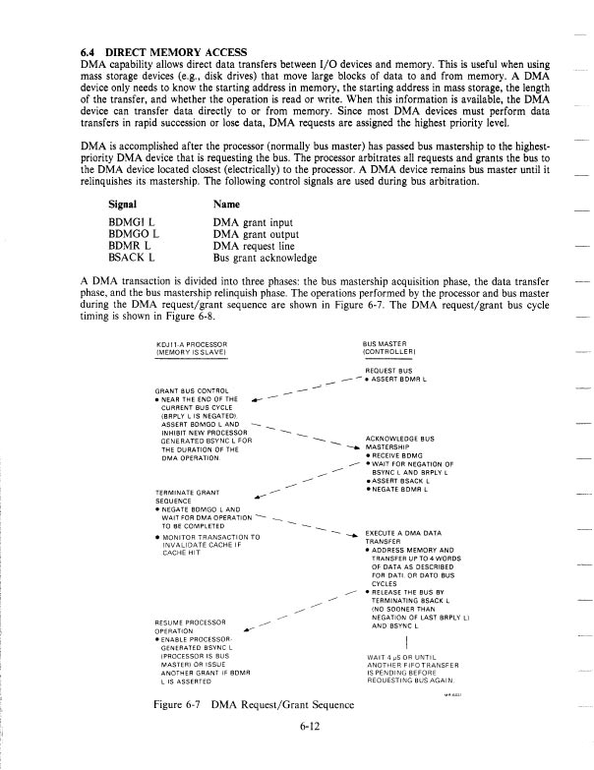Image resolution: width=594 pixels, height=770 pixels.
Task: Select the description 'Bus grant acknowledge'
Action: pyautogui.click(x=266, y=258)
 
